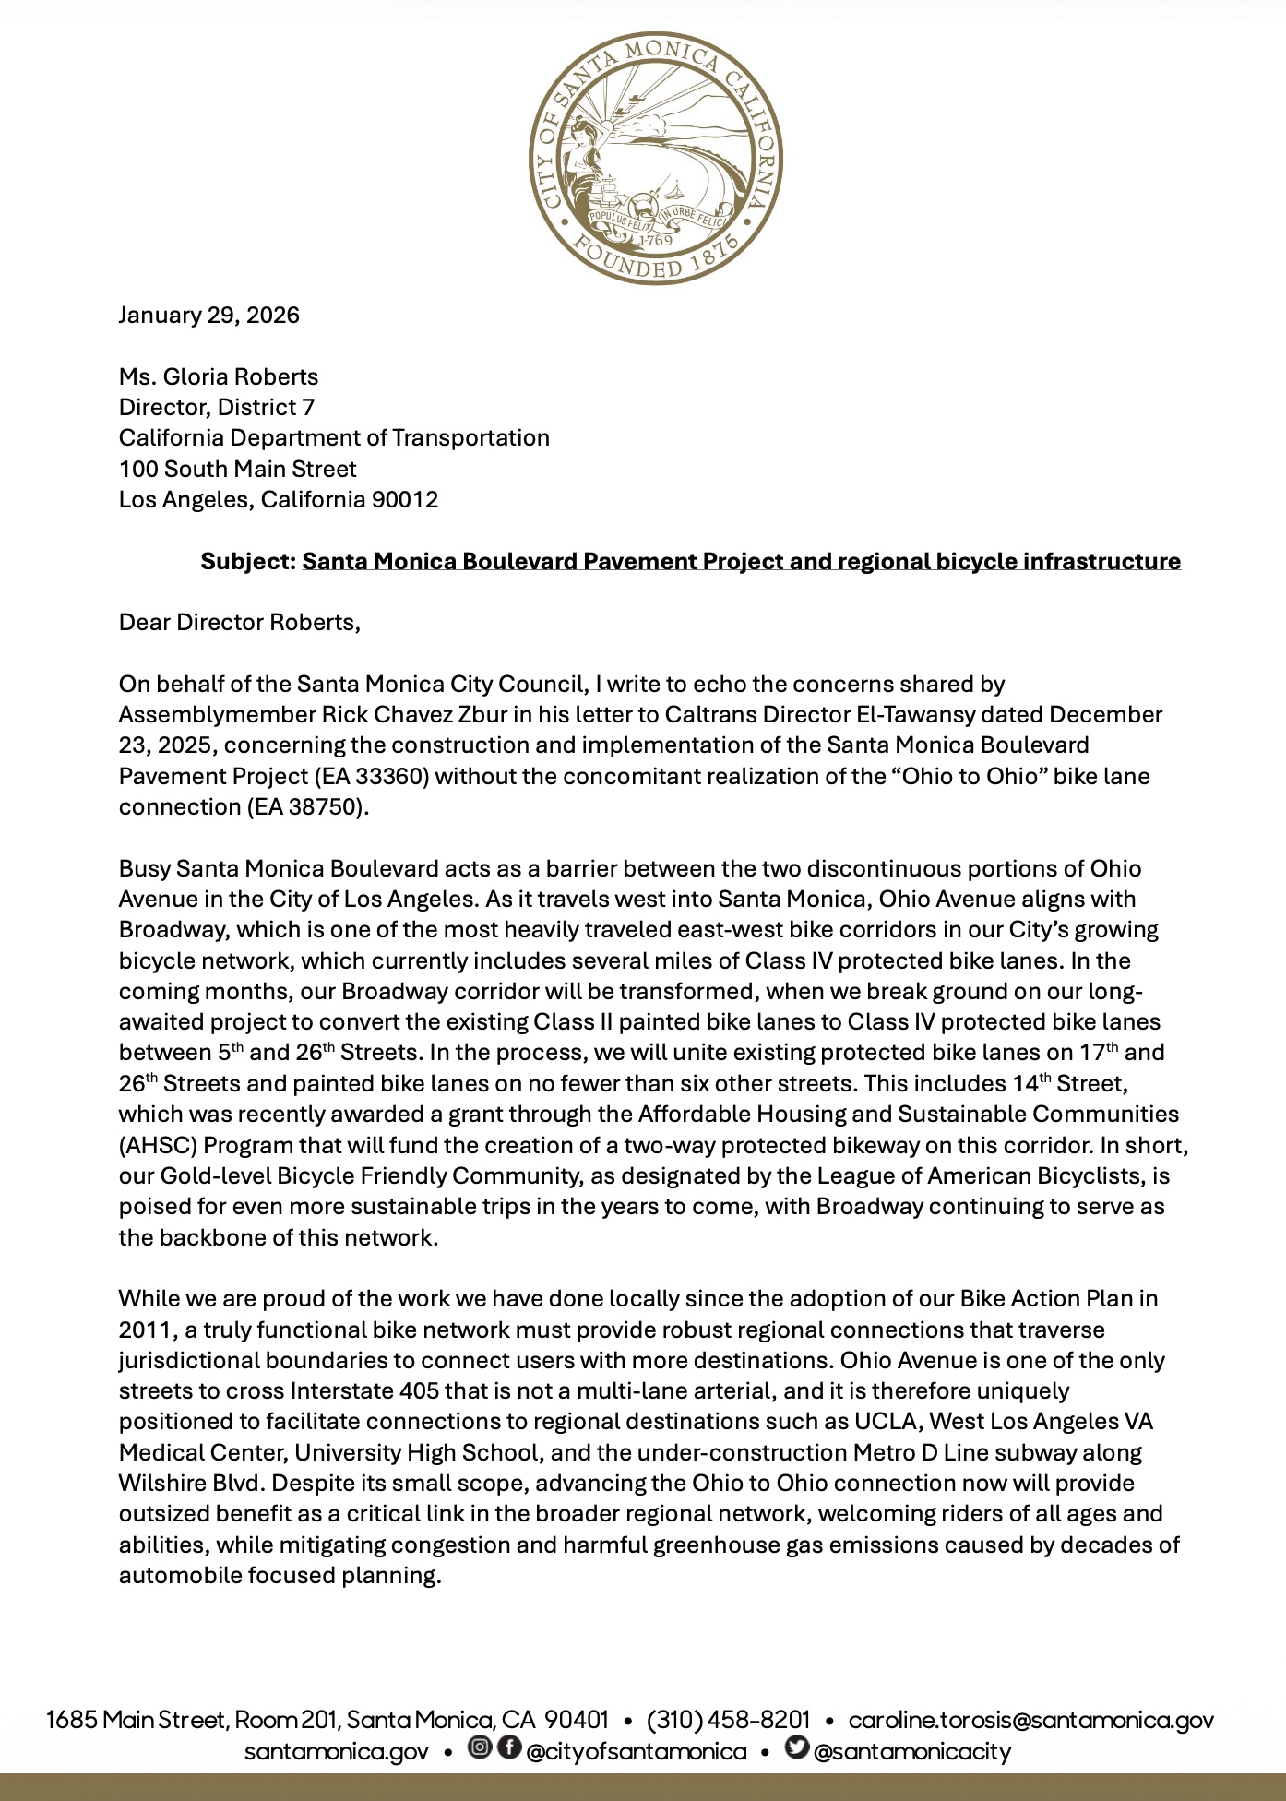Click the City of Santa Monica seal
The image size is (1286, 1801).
[656, 158]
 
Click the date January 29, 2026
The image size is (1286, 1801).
[209, 316]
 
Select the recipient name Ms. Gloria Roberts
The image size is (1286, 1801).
[219, 376]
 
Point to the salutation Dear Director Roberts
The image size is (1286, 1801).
[239, 623]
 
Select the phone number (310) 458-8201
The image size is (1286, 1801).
[729, 1720]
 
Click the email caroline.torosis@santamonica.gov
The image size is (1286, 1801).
[1031, 1720]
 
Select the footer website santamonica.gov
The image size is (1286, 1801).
[336, 1751]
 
